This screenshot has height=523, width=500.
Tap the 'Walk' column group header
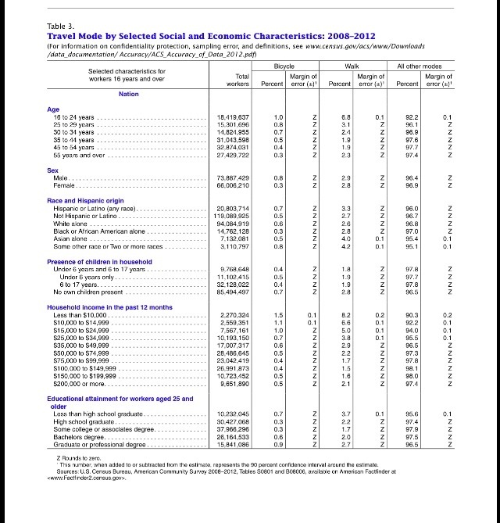click(355, 68)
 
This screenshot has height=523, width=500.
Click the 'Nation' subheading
click(129, 94)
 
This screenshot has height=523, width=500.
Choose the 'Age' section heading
click(53, 109)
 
